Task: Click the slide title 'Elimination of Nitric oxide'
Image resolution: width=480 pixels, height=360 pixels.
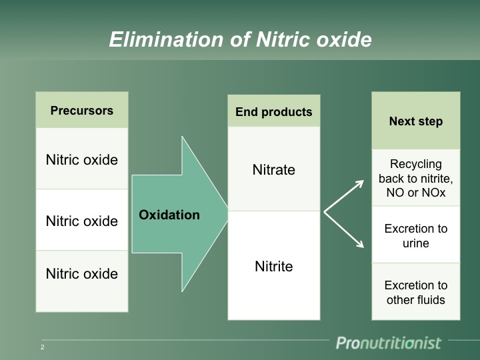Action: tap(240, 40)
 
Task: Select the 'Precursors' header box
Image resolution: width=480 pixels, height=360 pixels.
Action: tap(82, 111)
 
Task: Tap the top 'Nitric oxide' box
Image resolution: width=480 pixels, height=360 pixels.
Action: tap(82, 160)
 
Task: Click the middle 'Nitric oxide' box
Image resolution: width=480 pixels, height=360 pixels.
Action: tap(82, 221)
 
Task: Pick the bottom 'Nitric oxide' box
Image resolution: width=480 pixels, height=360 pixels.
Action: tap(82, 273)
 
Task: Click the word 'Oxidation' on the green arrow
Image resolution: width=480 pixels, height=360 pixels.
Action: tap(169, 215)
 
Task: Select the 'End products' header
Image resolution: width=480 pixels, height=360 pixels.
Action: tap(274, 112)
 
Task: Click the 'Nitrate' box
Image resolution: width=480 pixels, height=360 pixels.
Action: tap(274, 169)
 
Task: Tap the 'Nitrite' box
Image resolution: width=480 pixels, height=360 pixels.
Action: tap(274, 266)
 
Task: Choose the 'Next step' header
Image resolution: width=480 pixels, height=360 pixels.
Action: tap(416, 121)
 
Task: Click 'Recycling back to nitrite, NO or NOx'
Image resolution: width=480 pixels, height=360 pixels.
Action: tap(416, 178)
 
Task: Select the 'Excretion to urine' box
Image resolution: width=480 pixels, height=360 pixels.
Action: tap(416, 235)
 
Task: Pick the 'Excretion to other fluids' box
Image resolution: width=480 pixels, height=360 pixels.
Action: tap(416, 293)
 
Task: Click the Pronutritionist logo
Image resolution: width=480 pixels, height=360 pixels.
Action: tap(388, 343)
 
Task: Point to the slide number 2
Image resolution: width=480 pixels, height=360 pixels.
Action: tap(43, 347)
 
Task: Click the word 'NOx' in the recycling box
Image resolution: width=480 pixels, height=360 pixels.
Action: tap(433, 193)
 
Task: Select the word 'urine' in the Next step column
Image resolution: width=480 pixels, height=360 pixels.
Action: tap(416, 243)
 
